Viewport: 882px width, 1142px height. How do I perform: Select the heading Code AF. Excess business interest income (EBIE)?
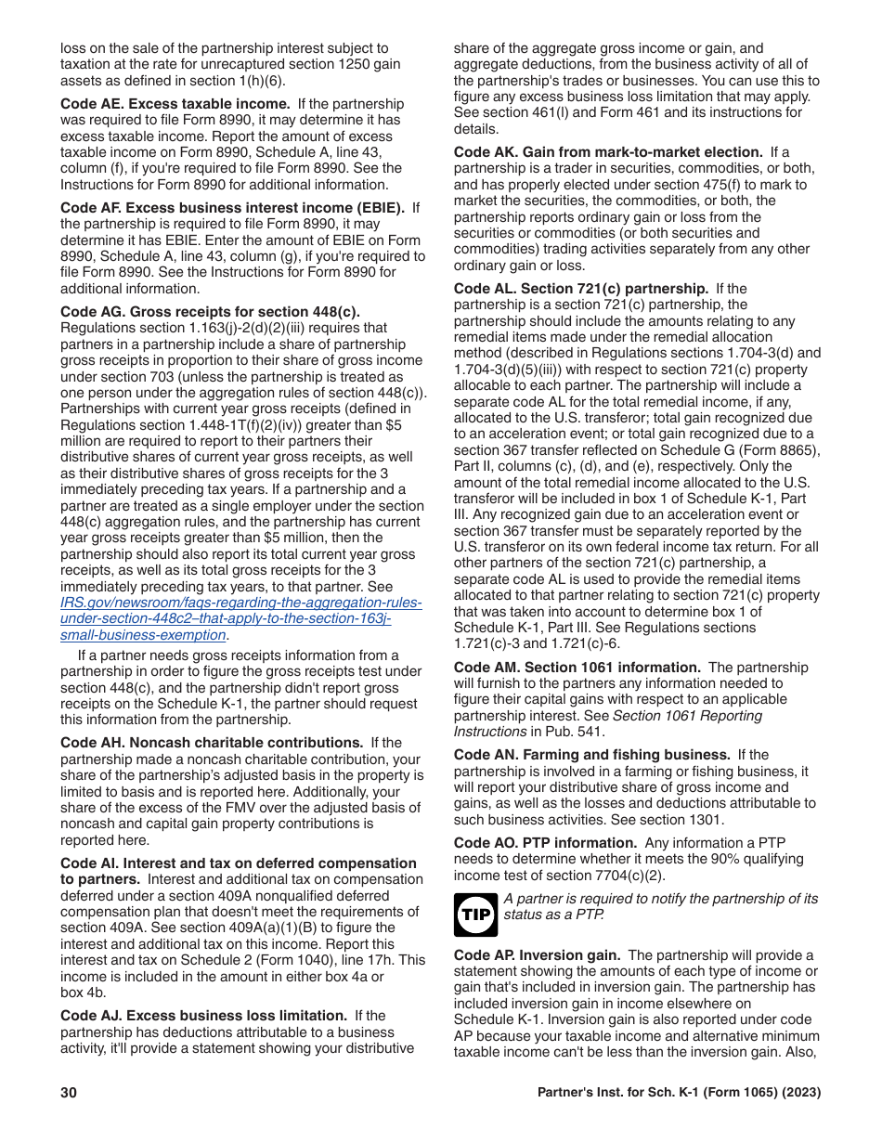[232, 208]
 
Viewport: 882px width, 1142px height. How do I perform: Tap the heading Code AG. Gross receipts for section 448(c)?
[210, 312]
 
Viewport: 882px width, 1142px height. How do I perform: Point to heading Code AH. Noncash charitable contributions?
[212, 743]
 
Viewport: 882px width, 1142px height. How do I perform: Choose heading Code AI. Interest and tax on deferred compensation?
[239, 863]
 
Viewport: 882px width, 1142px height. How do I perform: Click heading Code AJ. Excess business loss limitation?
[203, 1016]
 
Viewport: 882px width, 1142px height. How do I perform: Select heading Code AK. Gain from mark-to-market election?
[608, 152]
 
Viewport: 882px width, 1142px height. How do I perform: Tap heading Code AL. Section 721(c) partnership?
[581, 289]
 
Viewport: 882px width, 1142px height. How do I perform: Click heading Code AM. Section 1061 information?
[577, 668]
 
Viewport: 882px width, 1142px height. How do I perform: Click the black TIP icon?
[475, 915]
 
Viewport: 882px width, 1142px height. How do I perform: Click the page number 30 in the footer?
[69, 1093]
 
